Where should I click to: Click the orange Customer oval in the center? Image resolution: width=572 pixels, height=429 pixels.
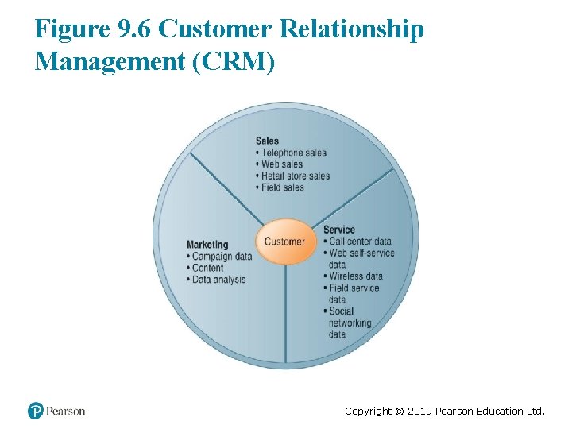tap(284, 242)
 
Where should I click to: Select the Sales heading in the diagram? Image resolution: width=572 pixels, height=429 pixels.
tap(267, 141)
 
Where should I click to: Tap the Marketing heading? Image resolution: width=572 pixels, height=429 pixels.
tap(207, 245)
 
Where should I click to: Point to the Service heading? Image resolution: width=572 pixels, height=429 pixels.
tap(339, 230)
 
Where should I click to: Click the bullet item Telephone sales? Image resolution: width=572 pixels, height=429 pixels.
tap(293, 153)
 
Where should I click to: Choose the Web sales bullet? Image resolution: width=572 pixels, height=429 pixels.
tap(281, 164)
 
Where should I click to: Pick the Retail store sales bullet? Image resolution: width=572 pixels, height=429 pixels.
tap(295, 176)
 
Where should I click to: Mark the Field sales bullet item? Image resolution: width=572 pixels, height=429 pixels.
tap(282, 188)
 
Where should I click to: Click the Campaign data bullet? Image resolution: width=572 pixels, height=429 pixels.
tap(222, 257)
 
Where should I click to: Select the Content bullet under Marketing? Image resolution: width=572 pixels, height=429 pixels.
tap(207, 269)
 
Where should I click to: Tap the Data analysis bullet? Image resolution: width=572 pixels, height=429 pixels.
tap(218, 280)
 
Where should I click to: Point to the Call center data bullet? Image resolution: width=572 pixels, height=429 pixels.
tap(360, 242)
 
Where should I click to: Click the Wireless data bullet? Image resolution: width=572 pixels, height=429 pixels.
tap(355, 276)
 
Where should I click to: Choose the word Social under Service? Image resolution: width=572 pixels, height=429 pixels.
tap(341, 311)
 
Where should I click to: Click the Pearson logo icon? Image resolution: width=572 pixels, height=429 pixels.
tap(36, 411)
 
